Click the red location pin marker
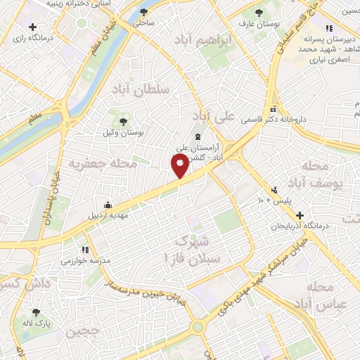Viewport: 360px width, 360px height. coord(179,165)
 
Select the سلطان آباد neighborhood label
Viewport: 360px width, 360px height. coord(140,89)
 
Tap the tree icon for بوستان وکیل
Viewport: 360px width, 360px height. coord(124,122)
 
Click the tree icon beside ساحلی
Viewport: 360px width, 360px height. coord(144,13)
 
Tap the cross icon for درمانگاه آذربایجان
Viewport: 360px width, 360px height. coord(300,215)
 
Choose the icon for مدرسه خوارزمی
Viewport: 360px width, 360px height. coord(86,249)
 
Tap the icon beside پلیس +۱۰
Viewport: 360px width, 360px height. coord(274,190)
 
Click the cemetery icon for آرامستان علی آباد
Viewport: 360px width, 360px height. coord(198,136)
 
